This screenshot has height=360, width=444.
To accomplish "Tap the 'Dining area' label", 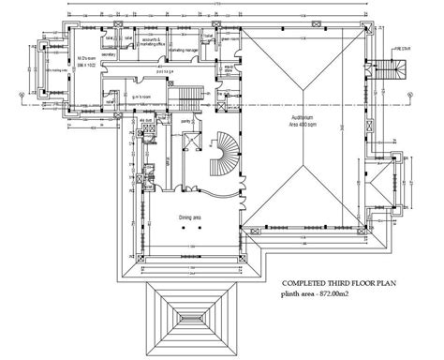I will click(191, 218).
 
